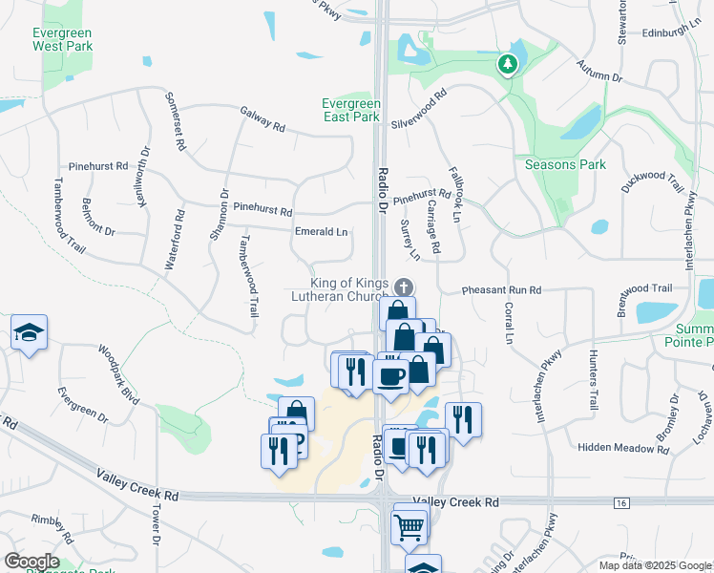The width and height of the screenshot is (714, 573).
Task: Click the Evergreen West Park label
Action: pyautogui.click(x=62, y=38)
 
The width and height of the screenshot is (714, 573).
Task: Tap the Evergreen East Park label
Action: pyautogui.click(x=351, y=110)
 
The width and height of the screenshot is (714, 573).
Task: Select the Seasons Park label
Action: pyautogui.click(x=565, y=164)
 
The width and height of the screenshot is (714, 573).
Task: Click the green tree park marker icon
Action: pyautogui.click(x=508, y=65)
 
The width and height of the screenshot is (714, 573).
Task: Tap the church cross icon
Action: pyautogui.click(x=404, y=286)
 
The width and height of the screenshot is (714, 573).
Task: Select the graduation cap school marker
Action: pyautogui.click(x=29, y=333)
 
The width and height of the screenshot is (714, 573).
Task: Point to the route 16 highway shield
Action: pyautogui.click(x=621, y=503)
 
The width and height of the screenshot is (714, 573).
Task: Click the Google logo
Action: pyautogui.click(x=31, y=562)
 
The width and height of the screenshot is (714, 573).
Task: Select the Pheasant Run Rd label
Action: pyautogui.click(x=501, y=289)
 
